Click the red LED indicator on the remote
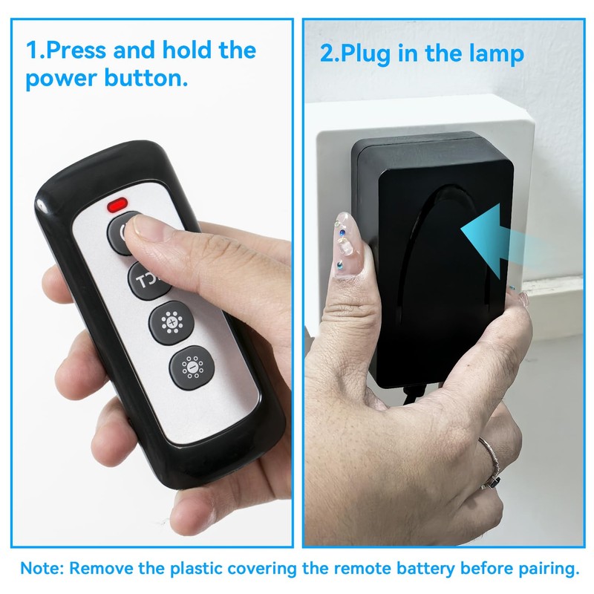tap(117, 203)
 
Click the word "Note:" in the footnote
tap(42, 569)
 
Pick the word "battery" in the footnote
tap(412, 569)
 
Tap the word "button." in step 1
tap(148, 79)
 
